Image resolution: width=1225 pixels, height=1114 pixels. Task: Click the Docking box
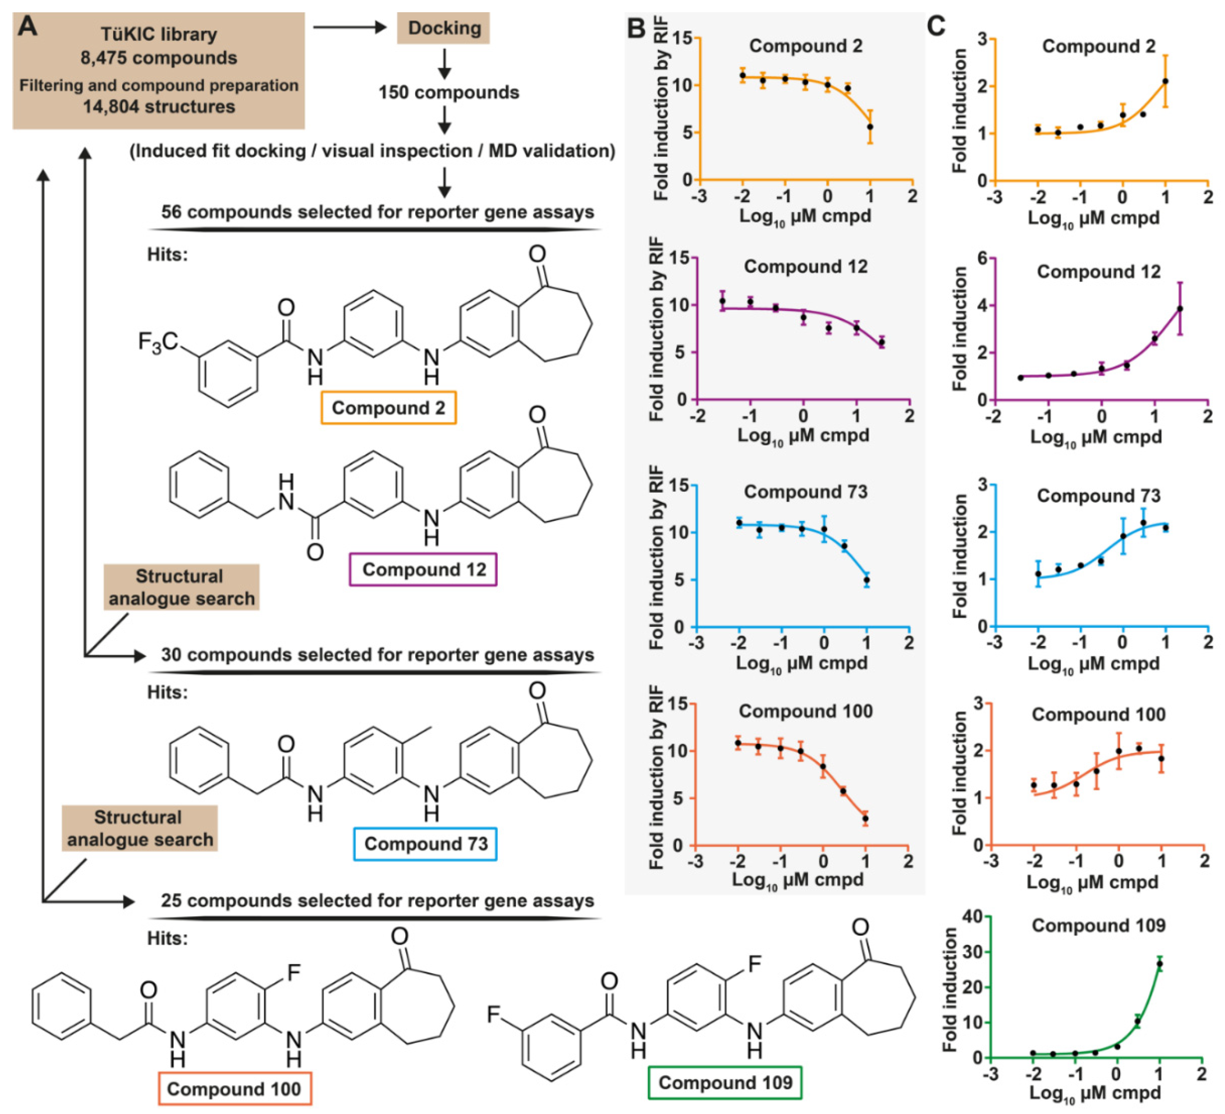pyautogui.click(x=443, y=28)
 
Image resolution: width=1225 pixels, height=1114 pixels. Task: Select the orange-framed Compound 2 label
pyautogui.click(x=388, y=408)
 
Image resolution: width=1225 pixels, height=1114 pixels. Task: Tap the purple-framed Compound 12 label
pyautogui.click(x=423, y=569)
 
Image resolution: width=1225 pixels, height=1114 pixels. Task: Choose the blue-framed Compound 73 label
pyautogui.click(x=425, y=844)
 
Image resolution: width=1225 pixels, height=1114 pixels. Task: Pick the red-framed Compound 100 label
pyautogui.click(x=234, y=1088)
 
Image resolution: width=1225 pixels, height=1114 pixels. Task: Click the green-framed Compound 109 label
pyautogui.click(x=725, y=1083)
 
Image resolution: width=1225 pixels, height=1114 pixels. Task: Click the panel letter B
pyautogui.click(x=636, y=28)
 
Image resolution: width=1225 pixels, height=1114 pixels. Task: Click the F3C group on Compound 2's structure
pyautogui.click(x=157, y=342)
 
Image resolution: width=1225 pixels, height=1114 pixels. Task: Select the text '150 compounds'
pyautogui.click(x=449, y=92)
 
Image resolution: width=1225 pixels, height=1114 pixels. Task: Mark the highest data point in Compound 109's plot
pyautogui.click(x=1159, y=964)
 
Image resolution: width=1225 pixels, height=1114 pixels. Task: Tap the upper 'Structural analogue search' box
pyautogui.click(x=181, y=587)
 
